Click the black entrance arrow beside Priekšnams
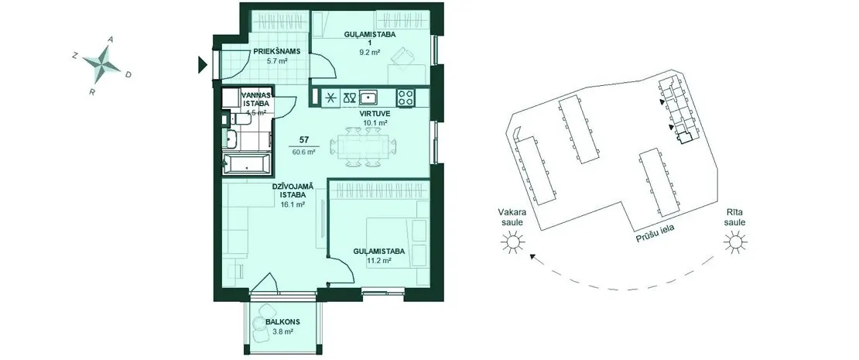click(202, 65)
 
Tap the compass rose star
click(102, 63)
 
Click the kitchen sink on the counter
click(368, 98)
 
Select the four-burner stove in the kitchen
click(406, 98)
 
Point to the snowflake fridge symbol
click(331, 98)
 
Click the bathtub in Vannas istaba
click(247, 164)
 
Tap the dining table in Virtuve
click(363, 147)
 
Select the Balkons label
click(282, 323)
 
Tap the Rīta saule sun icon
click(734, 242)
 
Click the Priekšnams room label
click(277, 52)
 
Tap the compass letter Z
click(74, 55)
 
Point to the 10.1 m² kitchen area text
click(375, 123)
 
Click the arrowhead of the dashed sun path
click(532, 256)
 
